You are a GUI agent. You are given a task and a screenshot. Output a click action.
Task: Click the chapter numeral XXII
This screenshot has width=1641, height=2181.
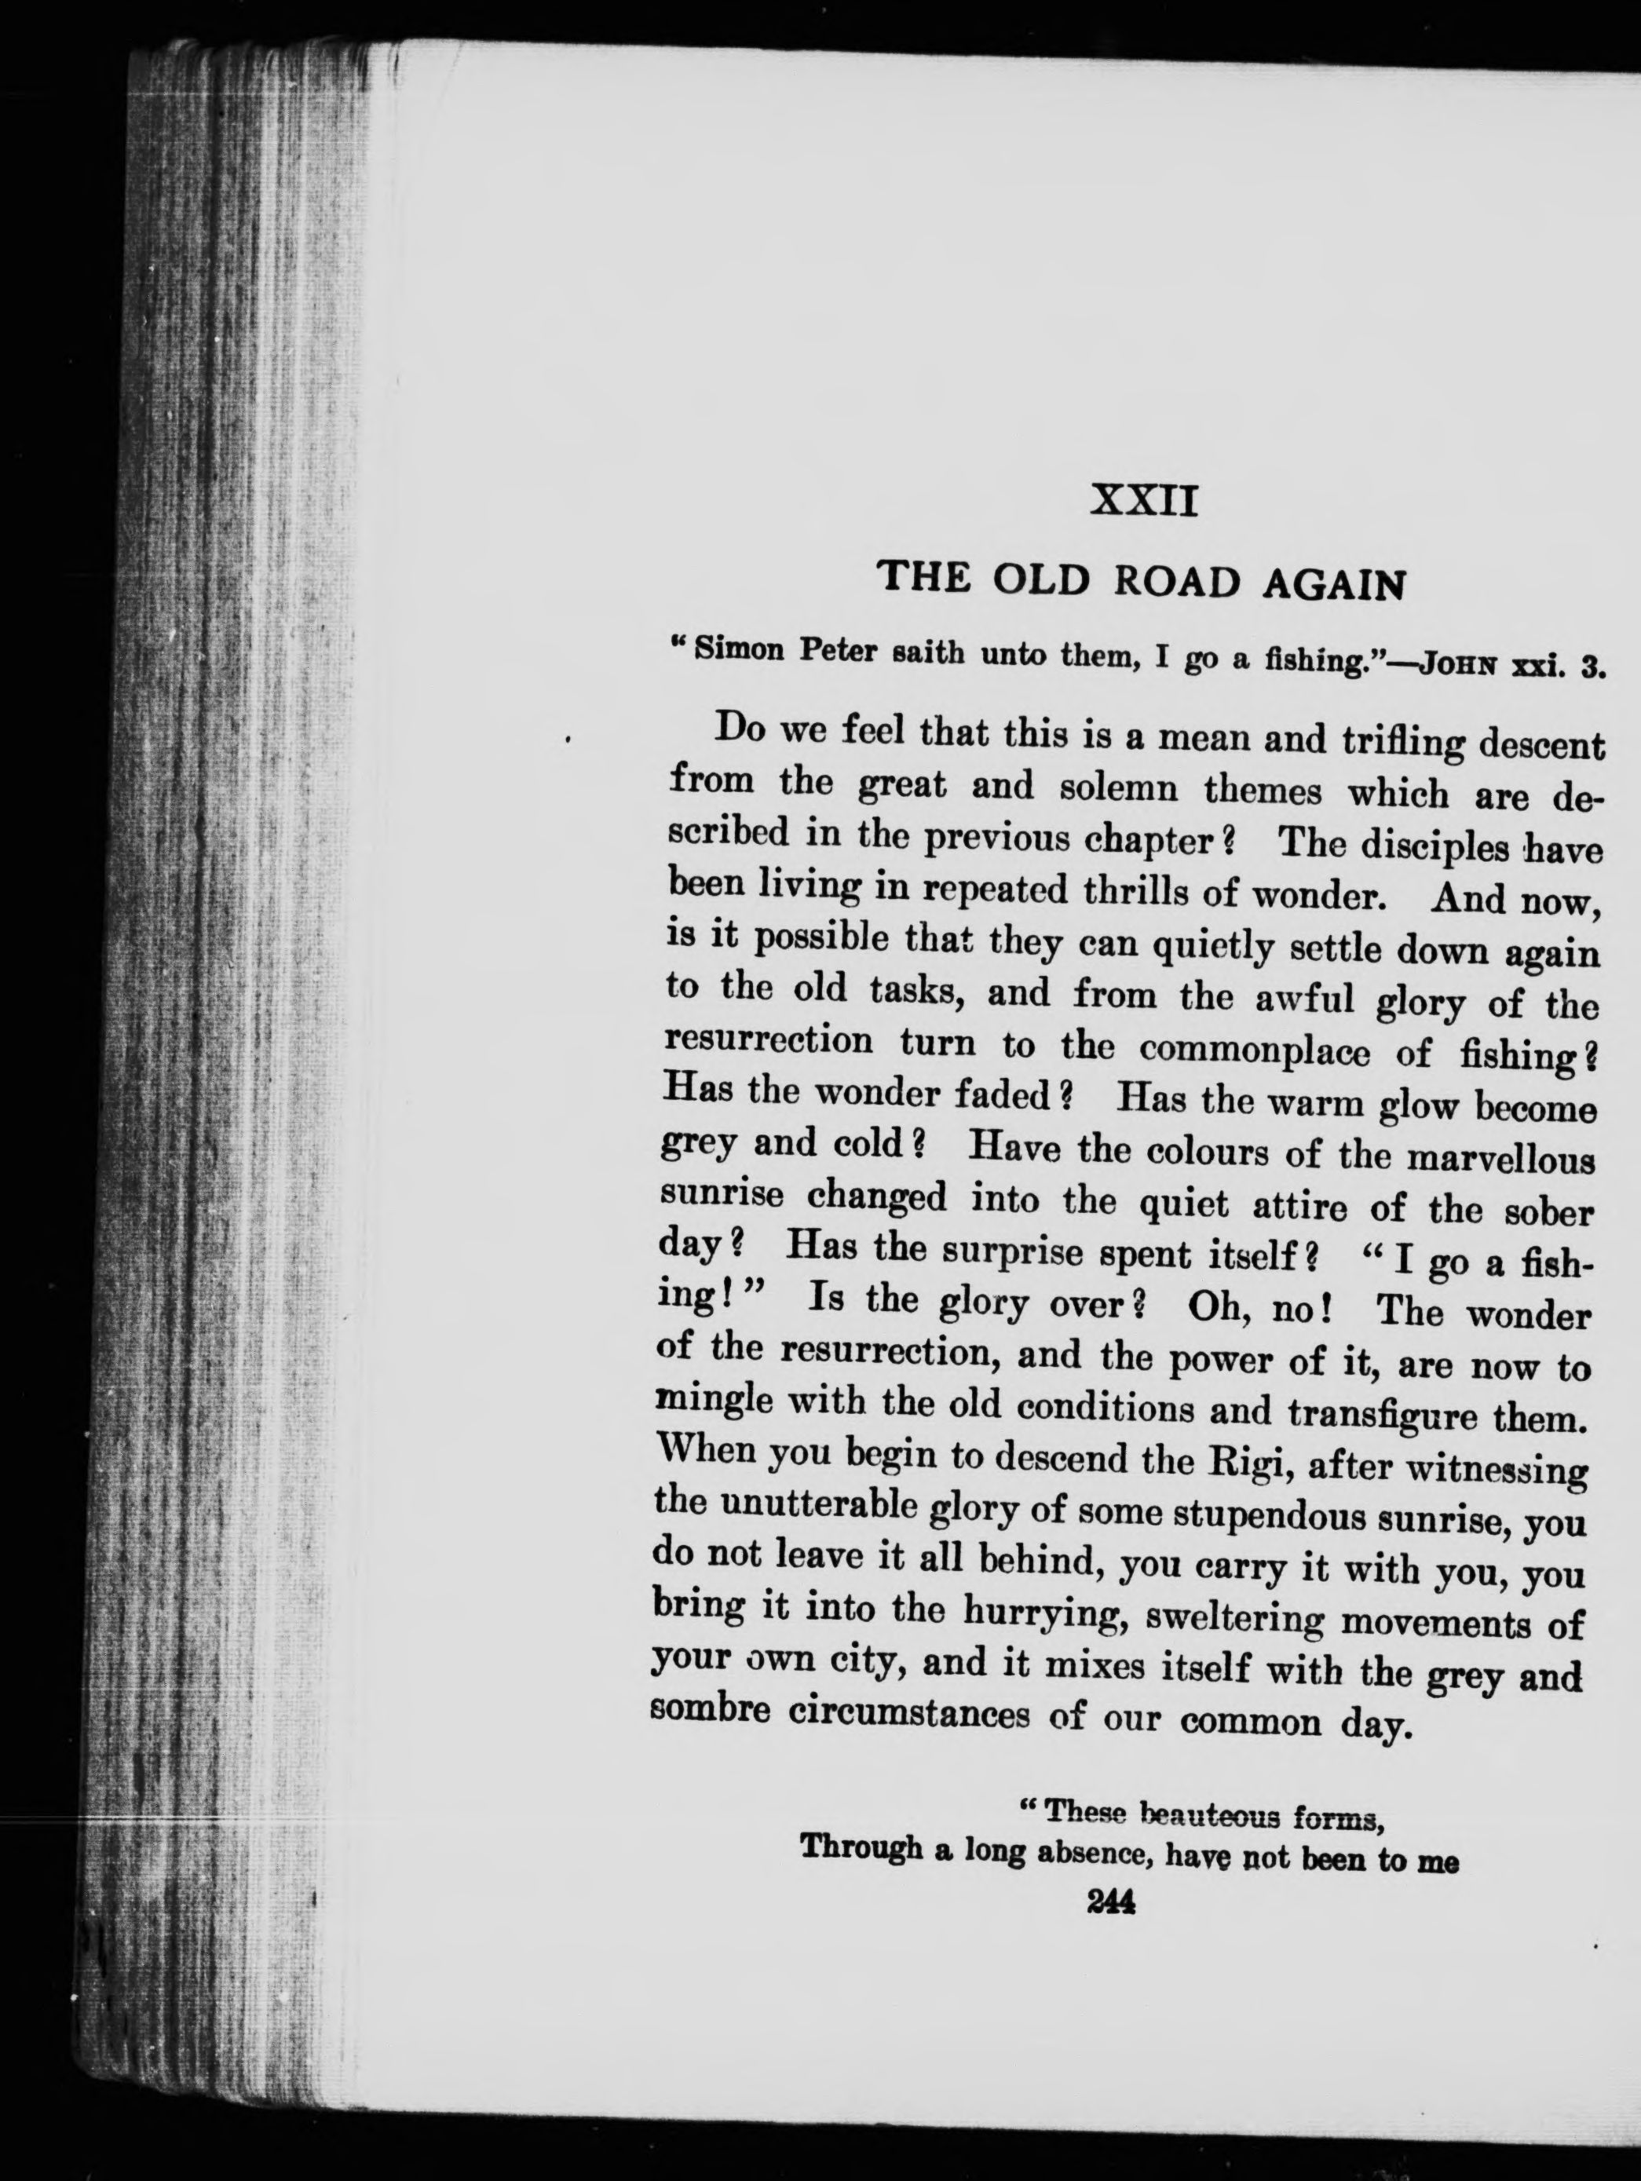tap(1145, 502)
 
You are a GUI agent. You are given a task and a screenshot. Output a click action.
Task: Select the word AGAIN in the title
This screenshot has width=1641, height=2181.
tap(1334, 586)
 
